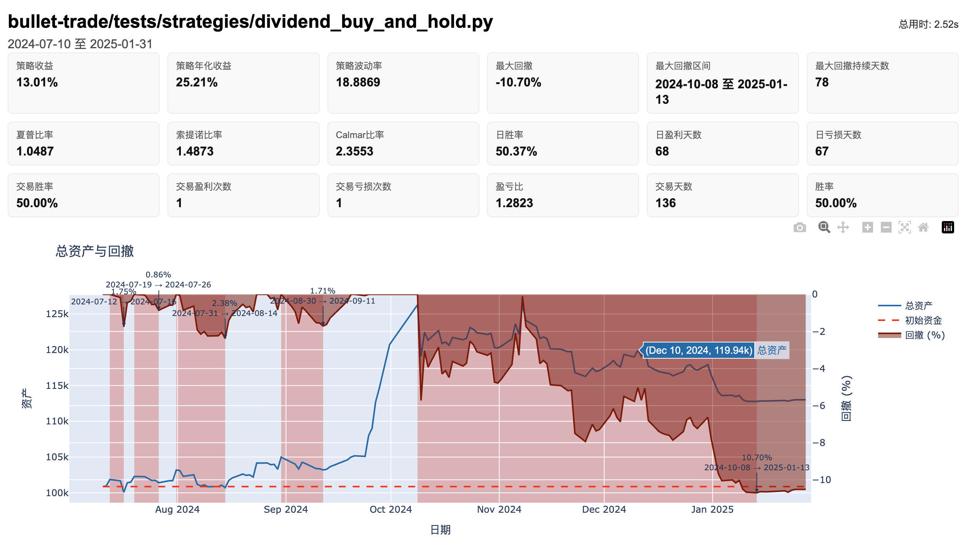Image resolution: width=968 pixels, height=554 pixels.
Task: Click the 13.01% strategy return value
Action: (37, 82)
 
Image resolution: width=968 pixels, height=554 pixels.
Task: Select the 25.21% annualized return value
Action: (197, 82)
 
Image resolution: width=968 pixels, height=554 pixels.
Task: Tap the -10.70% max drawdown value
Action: (518, 82)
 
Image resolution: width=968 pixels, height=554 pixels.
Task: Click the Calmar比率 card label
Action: (359, 135)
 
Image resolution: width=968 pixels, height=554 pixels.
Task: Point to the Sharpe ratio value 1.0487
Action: (35, 151)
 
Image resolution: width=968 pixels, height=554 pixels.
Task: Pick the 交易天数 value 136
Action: (665, 203)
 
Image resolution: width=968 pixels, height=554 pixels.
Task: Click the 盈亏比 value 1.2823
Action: (514, 203)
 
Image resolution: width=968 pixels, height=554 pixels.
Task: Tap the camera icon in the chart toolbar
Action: (799, 228)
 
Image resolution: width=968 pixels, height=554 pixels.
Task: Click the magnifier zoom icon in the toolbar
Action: (824, 228)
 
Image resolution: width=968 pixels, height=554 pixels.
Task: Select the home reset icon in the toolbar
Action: (923, 228)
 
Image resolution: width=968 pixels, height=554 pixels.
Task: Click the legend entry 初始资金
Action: (923, 320)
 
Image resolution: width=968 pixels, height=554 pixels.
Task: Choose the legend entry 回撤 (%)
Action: (925, 335)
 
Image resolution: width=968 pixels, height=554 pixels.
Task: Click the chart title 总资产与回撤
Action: (94, 251)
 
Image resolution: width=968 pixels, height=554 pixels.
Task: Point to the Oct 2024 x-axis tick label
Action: (390, 509)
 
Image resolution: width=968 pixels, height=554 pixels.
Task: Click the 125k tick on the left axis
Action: (57, 314)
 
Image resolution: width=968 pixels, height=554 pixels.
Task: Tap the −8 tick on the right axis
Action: (819, 443)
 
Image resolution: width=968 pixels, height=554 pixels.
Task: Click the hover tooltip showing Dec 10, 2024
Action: (698, 350)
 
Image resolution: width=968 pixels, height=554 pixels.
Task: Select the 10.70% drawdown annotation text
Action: (756, 458)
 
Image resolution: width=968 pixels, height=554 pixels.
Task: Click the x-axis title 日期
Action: (440, 530)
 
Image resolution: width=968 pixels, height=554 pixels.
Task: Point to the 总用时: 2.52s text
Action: (928, 24)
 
